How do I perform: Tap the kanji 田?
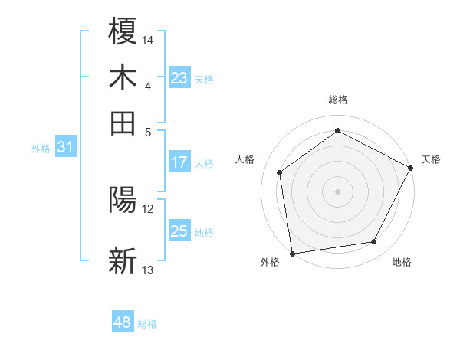pos(123,123)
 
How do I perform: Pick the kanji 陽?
pos(123,201)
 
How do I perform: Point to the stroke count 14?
pos(148,40)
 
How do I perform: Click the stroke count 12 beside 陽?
pos(148,208)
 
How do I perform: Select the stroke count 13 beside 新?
pos(148,270)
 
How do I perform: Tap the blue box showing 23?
pos(179,78)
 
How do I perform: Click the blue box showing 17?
pos(179,162)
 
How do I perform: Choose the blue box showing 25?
pos(179,232)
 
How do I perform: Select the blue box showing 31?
pos(64,148)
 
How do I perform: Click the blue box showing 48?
pos(122,323)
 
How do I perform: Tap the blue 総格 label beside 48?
pos(147,324)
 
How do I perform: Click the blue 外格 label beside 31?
pos(41,149)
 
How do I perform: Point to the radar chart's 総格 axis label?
pos(337,100)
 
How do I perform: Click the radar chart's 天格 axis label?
pos(431,159)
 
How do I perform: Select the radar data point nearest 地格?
pos(374,242)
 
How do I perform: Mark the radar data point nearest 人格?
pos(280,172)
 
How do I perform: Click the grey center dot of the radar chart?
pos(337,191)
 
